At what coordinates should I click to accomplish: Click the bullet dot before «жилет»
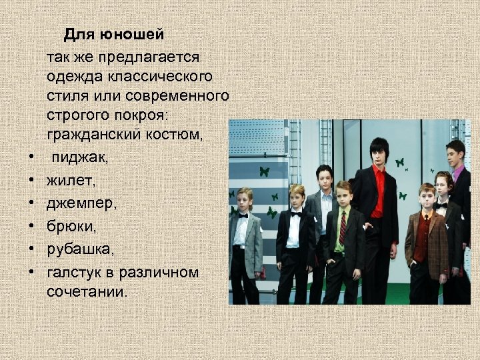point(31,180)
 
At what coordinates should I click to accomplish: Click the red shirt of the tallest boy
point(379,190)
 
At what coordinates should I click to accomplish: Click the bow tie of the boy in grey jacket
point(243,215)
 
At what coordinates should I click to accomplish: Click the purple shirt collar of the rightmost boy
point(458,173)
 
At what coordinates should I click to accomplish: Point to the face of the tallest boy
point(378,153)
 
